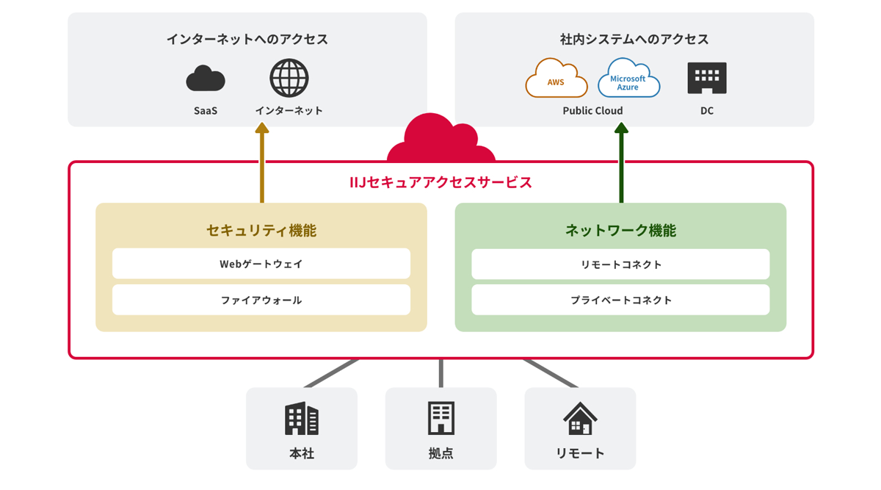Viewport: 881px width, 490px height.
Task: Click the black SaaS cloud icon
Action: (206, 79)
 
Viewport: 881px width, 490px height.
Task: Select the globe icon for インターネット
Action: (289, 78)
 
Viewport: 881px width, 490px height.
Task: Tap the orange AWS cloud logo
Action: (556, 79)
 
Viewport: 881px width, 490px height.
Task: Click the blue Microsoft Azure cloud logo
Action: (628, 79)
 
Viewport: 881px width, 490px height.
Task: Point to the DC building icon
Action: (706, 78)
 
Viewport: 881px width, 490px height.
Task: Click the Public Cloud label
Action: (592, 111)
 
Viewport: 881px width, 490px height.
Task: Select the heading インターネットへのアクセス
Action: (247, 39)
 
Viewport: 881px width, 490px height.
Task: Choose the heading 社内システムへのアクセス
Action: (634, 39)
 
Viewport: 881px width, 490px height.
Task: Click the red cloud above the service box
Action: (440, 140)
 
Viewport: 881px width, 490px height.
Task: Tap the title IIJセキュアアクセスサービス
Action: (440, 182)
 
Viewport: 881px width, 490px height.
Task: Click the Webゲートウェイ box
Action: (261, 264)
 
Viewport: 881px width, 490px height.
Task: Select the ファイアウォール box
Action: (261, 300)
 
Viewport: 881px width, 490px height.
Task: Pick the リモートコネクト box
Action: (620, 264)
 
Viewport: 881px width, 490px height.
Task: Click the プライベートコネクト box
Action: (620, 300)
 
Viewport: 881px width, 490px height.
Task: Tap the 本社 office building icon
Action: (302, 419)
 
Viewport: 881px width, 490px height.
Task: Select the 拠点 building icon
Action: (441, 418)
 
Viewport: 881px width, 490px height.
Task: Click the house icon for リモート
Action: (580, 419)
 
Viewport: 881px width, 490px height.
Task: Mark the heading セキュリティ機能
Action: (261, 230)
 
